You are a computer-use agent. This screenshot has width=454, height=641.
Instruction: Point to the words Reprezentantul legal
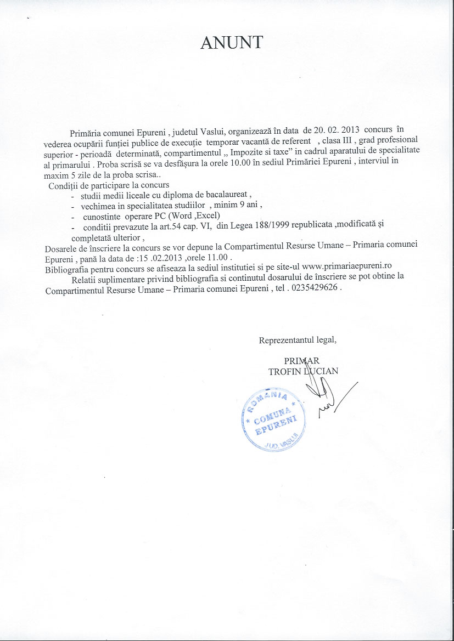click(x=298, y=340)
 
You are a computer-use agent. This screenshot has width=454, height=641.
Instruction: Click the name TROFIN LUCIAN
click(x=303, y=371)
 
